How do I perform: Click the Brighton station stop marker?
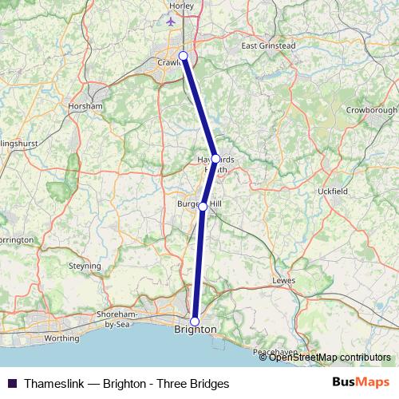point(195,321)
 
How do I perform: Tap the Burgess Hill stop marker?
point(203,206)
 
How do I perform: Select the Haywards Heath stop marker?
point(215,159)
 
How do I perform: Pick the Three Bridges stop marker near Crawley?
point(184,55)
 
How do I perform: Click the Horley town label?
point(181,6)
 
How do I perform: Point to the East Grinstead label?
point(268,45)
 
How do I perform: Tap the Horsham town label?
point(86,105)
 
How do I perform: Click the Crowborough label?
point(371,109)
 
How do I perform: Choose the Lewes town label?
point(283,281)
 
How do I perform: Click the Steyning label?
point(85,266)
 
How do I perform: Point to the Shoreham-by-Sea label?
point(117,319)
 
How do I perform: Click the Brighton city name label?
point(195,330)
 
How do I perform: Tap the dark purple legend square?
point(12,383)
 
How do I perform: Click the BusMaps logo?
point(360,382)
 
